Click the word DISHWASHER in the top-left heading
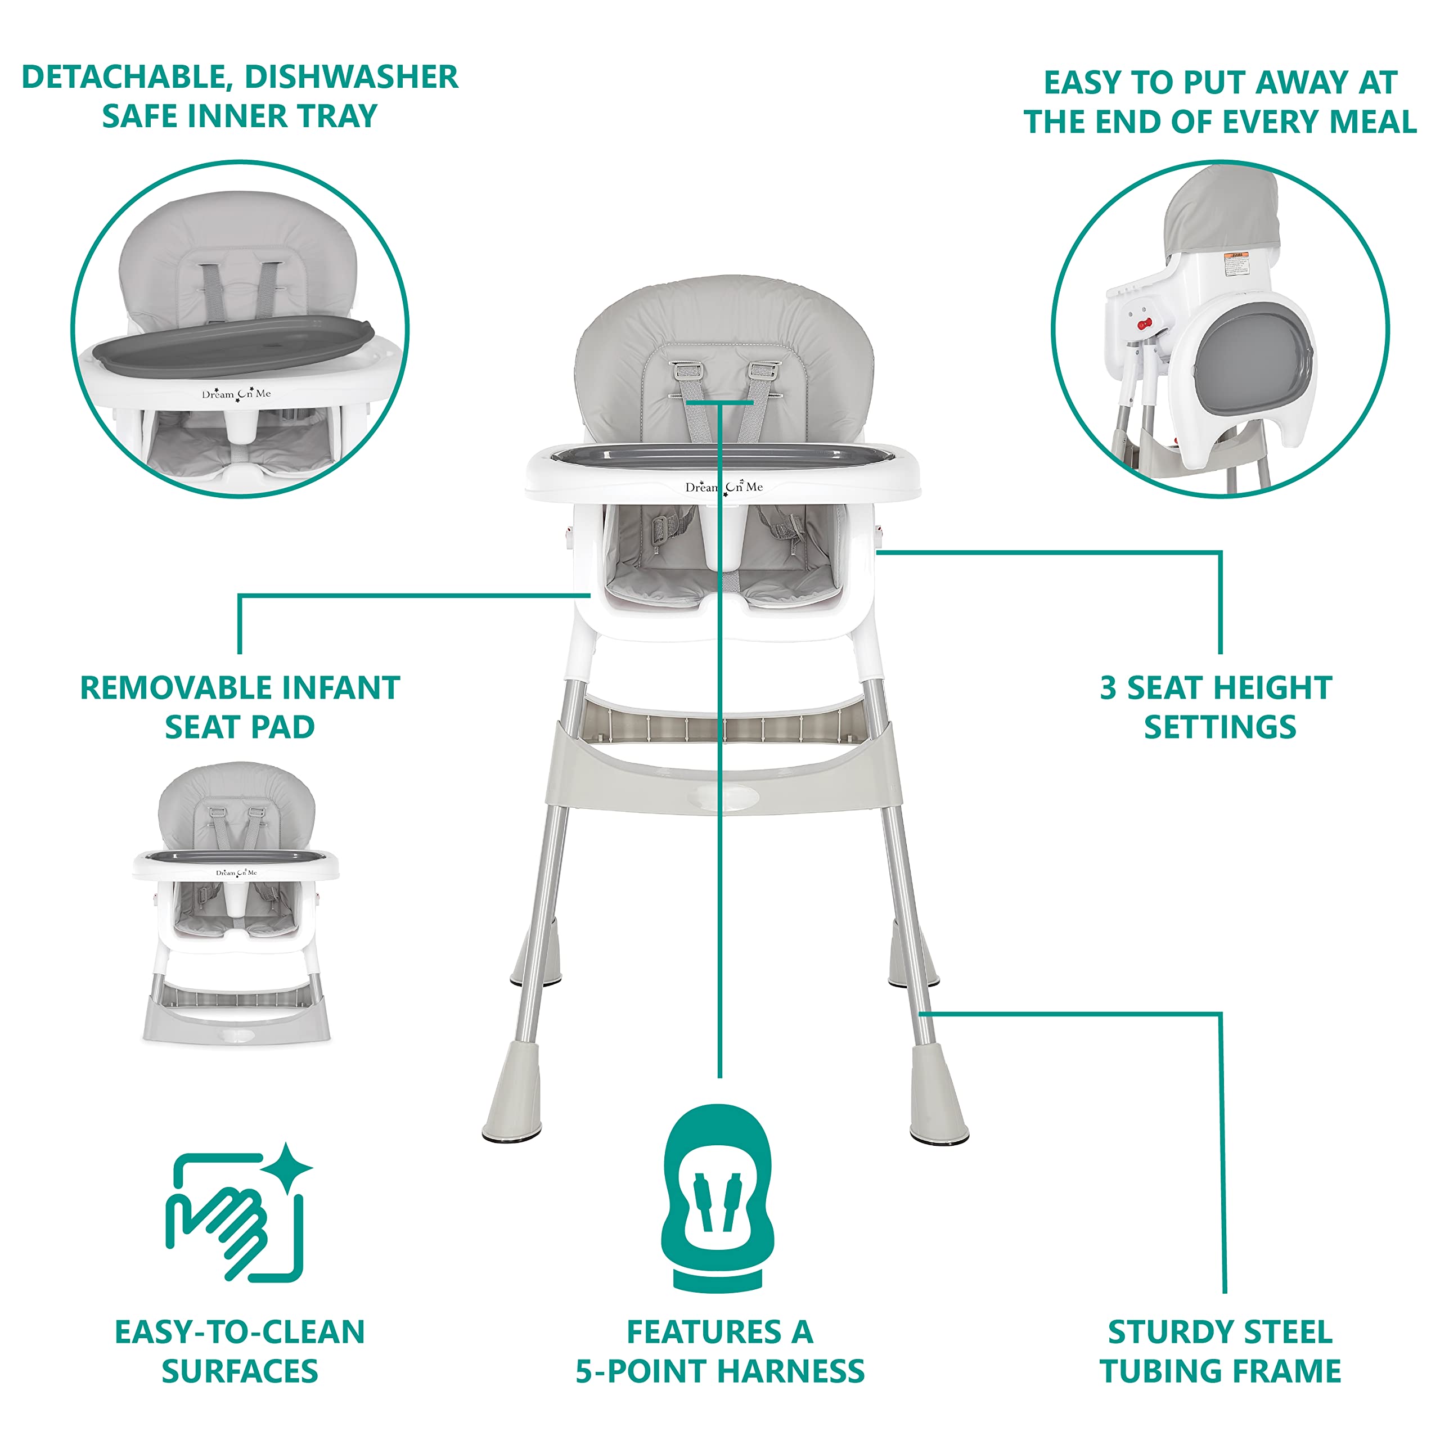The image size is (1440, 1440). [350, 76]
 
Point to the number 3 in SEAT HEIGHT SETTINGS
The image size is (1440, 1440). [1109, 688]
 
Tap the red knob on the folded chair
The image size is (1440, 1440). [1144, 323]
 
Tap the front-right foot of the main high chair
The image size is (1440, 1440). [938, 1096]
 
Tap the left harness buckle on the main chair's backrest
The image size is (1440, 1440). [684, 371]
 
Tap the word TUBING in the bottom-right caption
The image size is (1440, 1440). [1160, 1371]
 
